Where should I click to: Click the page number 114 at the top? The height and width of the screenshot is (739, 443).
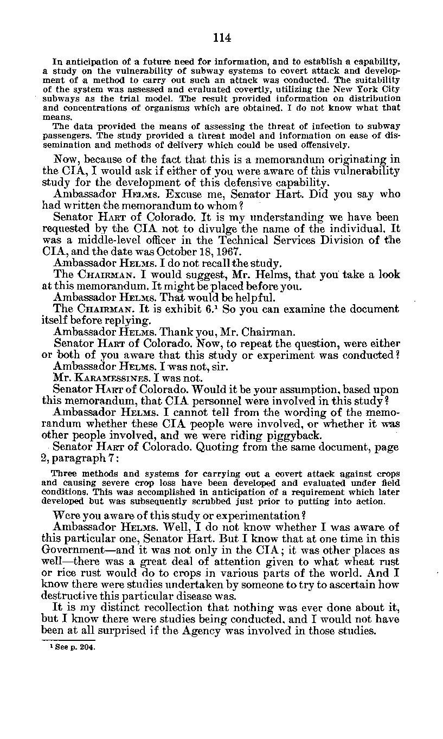(222, 37)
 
